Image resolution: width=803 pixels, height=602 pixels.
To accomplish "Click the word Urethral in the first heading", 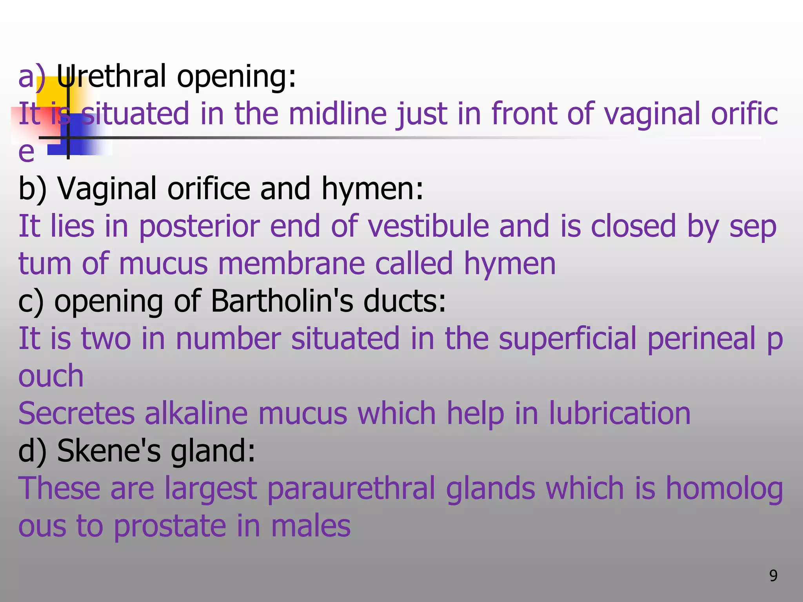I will click(x=112, y=76).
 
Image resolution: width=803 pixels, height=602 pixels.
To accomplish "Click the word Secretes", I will click(x=76, y=414).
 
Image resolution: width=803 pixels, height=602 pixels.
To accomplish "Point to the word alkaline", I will click(x=196, y=414).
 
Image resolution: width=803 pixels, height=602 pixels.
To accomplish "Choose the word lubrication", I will click(x=620, y=414).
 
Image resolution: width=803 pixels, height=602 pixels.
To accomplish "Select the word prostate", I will click(x=170, y=526).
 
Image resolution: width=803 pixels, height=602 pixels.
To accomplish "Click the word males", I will click(x=311, y=526).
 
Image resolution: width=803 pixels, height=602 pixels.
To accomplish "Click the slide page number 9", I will click(x=773, y=576).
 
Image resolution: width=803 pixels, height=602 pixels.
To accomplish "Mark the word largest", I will click(x=210, y=489).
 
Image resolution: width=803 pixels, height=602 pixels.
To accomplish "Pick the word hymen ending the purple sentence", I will click(x=510, y=263).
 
